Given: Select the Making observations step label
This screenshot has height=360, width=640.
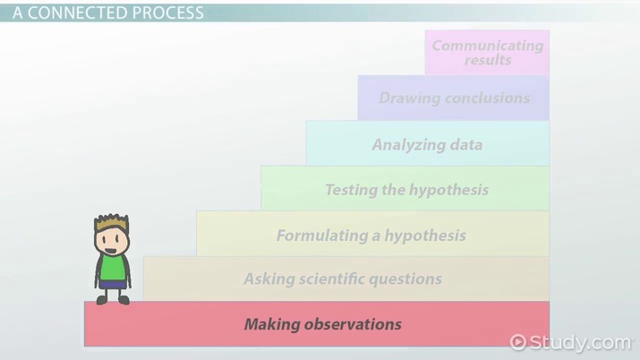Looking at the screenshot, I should [x=322, y=324].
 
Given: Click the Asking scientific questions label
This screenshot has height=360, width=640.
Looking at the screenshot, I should [x=343, y=279].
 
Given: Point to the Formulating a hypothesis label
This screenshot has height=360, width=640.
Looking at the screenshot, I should [x=371, y=236].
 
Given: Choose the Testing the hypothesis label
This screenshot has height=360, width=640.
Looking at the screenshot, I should [x=406, y=189].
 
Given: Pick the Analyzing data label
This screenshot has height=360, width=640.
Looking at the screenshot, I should [x=427, y=144].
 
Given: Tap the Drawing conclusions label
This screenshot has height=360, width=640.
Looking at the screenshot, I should [x=454, y=98].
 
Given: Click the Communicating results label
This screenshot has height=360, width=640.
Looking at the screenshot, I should [x=487, y=52].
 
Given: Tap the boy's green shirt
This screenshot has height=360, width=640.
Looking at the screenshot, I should [x=113, y=267].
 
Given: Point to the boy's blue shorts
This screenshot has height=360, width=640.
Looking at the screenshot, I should [x=113, y=286].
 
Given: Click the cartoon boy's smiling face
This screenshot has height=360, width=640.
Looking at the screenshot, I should [x=113, y=240].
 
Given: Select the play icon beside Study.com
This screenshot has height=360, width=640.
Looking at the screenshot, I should [x=517, y=342].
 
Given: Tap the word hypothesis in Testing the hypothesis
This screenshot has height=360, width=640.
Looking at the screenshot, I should [x=448, y=189].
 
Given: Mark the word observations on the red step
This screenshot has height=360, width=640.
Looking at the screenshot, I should [x=354, y=324].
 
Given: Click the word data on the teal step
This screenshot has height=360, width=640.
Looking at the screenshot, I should [x=465, y=144].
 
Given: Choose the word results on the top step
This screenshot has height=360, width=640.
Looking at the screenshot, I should [x=488, y=60].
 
